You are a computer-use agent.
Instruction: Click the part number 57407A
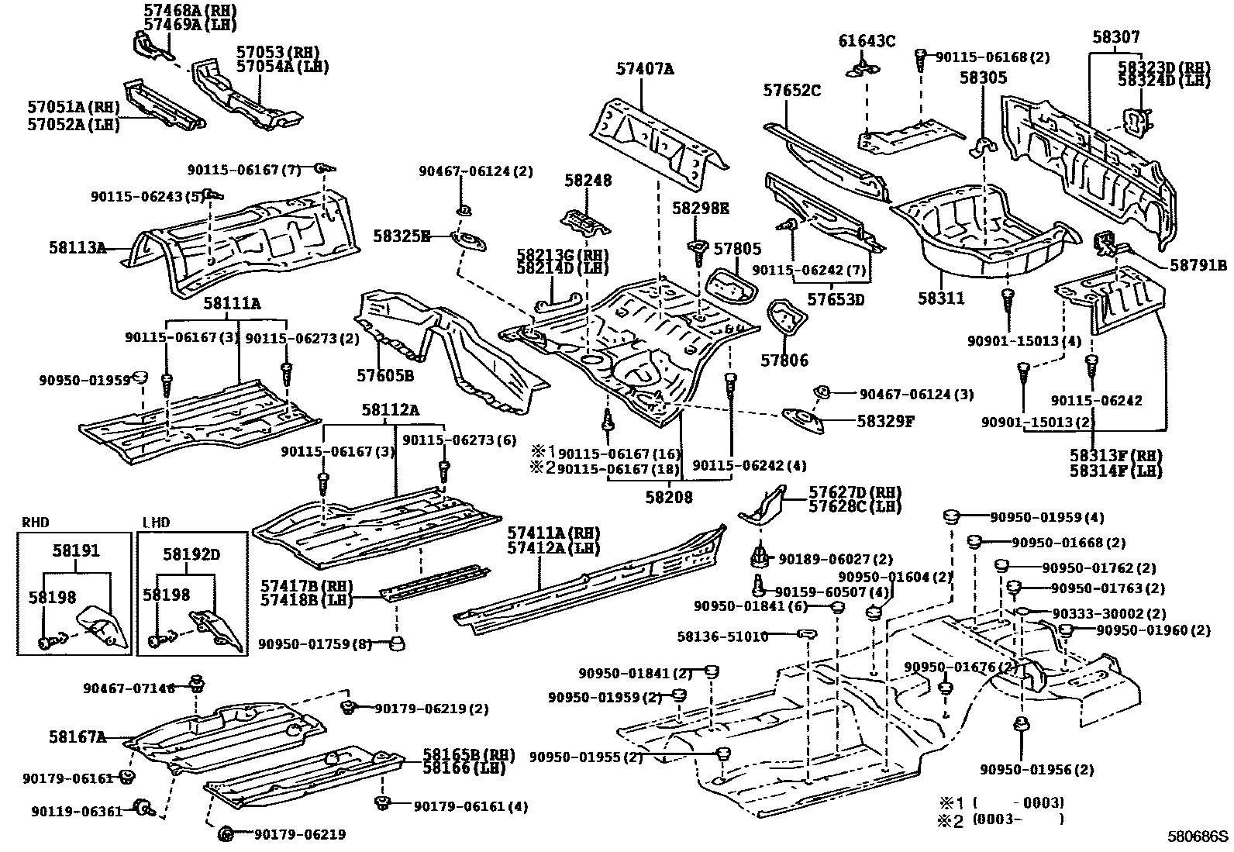[x=645, y=69]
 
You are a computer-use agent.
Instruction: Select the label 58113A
[x=78, y=248]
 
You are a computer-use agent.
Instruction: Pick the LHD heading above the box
[x=156, y=523]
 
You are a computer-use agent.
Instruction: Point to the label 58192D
[x=191, y=554]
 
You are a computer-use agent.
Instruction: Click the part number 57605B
[x=385, y=375]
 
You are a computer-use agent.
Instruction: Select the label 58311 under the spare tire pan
[x=941, y=298]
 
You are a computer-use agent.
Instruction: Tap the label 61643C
[x=867, y=41]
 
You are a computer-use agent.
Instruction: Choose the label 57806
[x=784, y=360]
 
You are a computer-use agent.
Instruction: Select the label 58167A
[x=78, y=736]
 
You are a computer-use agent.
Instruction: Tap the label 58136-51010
[x=722, y=636]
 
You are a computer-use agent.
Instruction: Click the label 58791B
[x=1198, y=265]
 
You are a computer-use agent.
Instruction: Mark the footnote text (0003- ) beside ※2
[x=1018, y=819]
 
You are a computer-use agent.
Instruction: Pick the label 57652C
[x=791, y=90]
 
